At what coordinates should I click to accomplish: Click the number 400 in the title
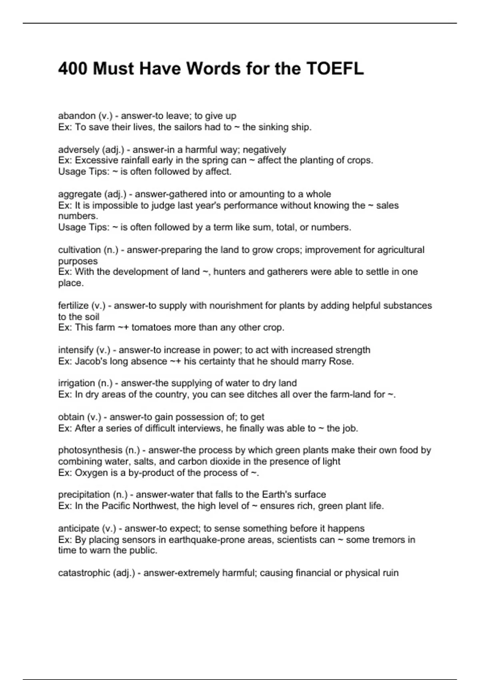point(73,69)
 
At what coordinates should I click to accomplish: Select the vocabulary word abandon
point(77,116)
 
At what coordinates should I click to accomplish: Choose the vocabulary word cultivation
point(79,250)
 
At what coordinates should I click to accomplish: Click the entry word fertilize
point(73,306)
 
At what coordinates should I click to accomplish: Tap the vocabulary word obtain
point(71,417)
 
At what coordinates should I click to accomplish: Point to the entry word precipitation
point(84,495)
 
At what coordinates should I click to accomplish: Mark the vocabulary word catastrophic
point(84,573)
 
